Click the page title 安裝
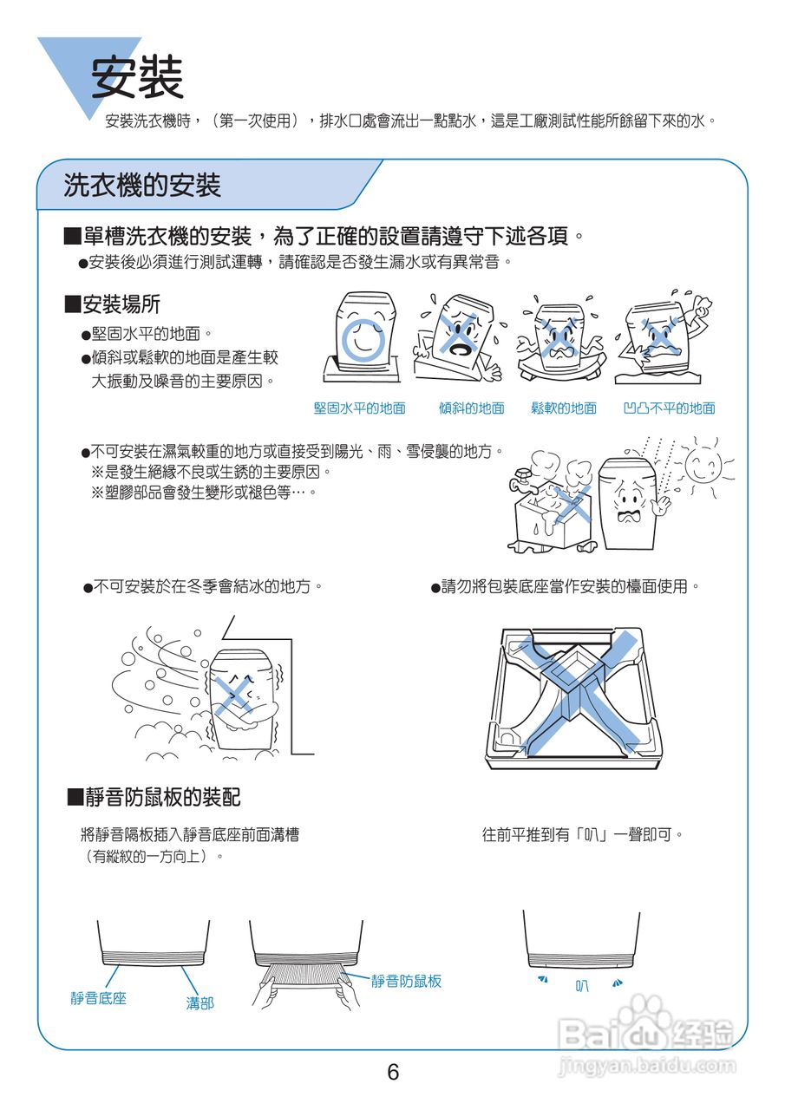coord(138,77)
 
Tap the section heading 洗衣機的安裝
coord(142,185)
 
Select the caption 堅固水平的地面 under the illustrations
coord(359,408)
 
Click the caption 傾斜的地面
coord(471,408)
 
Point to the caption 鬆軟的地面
coord(564,408)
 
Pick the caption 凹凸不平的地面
coord(669,408)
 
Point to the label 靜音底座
coord(99,998)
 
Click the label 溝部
coord(200,1003)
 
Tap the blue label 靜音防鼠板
coord(406,981)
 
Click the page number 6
coord(393,1073)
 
